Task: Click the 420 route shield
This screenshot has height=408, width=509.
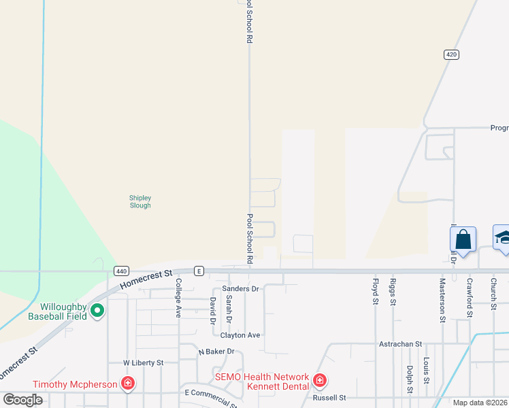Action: click(451, 54)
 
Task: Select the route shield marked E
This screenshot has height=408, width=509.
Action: click(199, 271)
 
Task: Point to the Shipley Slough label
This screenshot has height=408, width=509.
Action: click(140, 201)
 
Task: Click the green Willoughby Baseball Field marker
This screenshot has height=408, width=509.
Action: click(97, 311)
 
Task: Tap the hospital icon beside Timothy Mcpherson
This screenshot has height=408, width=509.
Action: click(127, 384)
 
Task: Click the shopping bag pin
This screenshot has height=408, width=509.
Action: click(463, 240)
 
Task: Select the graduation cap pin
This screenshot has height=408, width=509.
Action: click(502, 238)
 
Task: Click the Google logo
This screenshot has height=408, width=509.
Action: click(22, 400)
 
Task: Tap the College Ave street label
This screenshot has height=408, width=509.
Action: click(179, 298)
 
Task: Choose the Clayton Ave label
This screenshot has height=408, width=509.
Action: click(240, 335)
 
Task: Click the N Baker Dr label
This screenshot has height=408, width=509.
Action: click(216, 352)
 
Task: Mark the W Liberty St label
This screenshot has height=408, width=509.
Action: click(143, 363)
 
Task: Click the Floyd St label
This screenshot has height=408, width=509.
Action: click(375, 290)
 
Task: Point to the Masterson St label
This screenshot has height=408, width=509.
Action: click(442, 299)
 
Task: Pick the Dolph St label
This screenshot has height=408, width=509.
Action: click(410, 380)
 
